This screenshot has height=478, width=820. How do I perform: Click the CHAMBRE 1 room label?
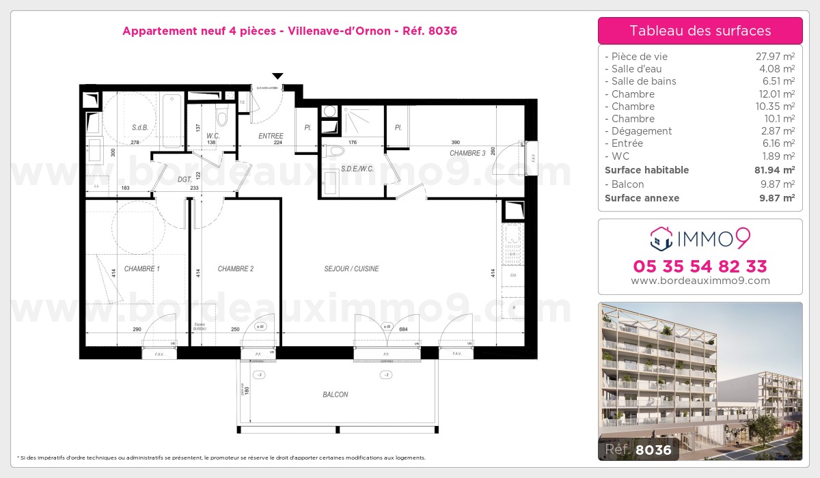pos(141,269)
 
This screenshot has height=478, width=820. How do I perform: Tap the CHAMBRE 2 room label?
pos(235,269)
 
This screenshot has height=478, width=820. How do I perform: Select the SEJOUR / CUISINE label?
pos(351,269)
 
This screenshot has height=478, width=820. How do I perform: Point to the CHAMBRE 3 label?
pos(467,154)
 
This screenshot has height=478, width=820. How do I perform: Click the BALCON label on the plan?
pos(336,395)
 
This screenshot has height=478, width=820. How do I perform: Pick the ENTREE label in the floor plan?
pos(271,136)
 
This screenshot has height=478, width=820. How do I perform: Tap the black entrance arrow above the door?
pos(277,76)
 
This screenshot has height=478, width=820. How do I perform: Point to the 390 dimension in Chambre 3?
pos(456,142)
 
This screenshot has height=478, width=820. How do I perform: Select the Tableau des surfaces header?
pos(700,31)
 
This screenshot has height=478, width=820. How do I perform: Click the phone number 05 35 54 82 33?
pos(700,266)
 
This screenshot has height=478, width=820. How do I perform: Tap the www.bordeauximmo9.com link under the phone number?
pos(700,281)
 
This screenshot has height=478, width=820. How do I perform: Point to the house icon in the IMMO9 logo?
pos(660,239)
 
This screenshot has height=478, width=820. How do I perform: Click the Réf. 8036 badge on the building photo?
pos(638,449)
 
